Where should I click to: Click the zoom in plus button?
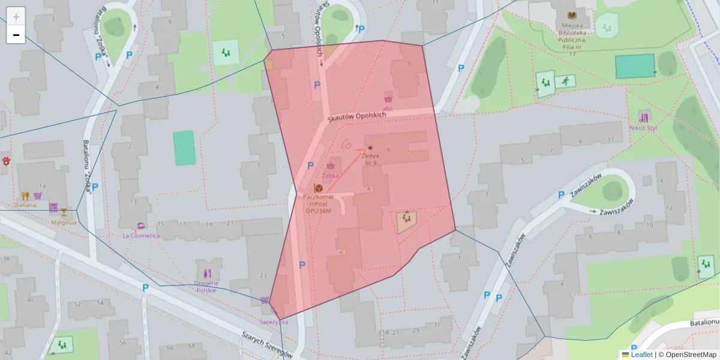coord(16,17)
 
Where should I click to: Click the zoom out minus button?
coord(16,35)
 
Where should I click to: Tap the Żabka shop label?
coord(331,176)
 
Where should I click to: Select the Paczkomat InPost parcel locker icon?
coord(318,189)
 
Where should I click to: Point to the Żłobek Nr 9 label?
coord(368,159)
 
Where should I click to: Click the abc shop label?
coord(388,109)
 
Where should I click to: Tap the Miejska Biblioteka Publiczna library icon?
coord(572,15)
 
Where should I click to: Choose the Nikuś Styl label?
coord(644,128)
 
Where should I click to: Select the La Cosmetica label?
coord(141,236)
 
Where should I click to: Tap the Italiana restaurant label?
coord(26,205)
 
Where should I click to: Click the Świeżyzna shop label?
coord(274,322)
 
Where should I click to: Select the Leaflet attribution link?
coord(641,355)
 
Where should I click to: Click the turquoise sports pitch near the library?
coord(635,66)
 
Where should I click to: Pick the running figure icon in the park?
coord(564,80)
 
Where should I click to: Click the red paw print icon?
coord(7,161)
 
